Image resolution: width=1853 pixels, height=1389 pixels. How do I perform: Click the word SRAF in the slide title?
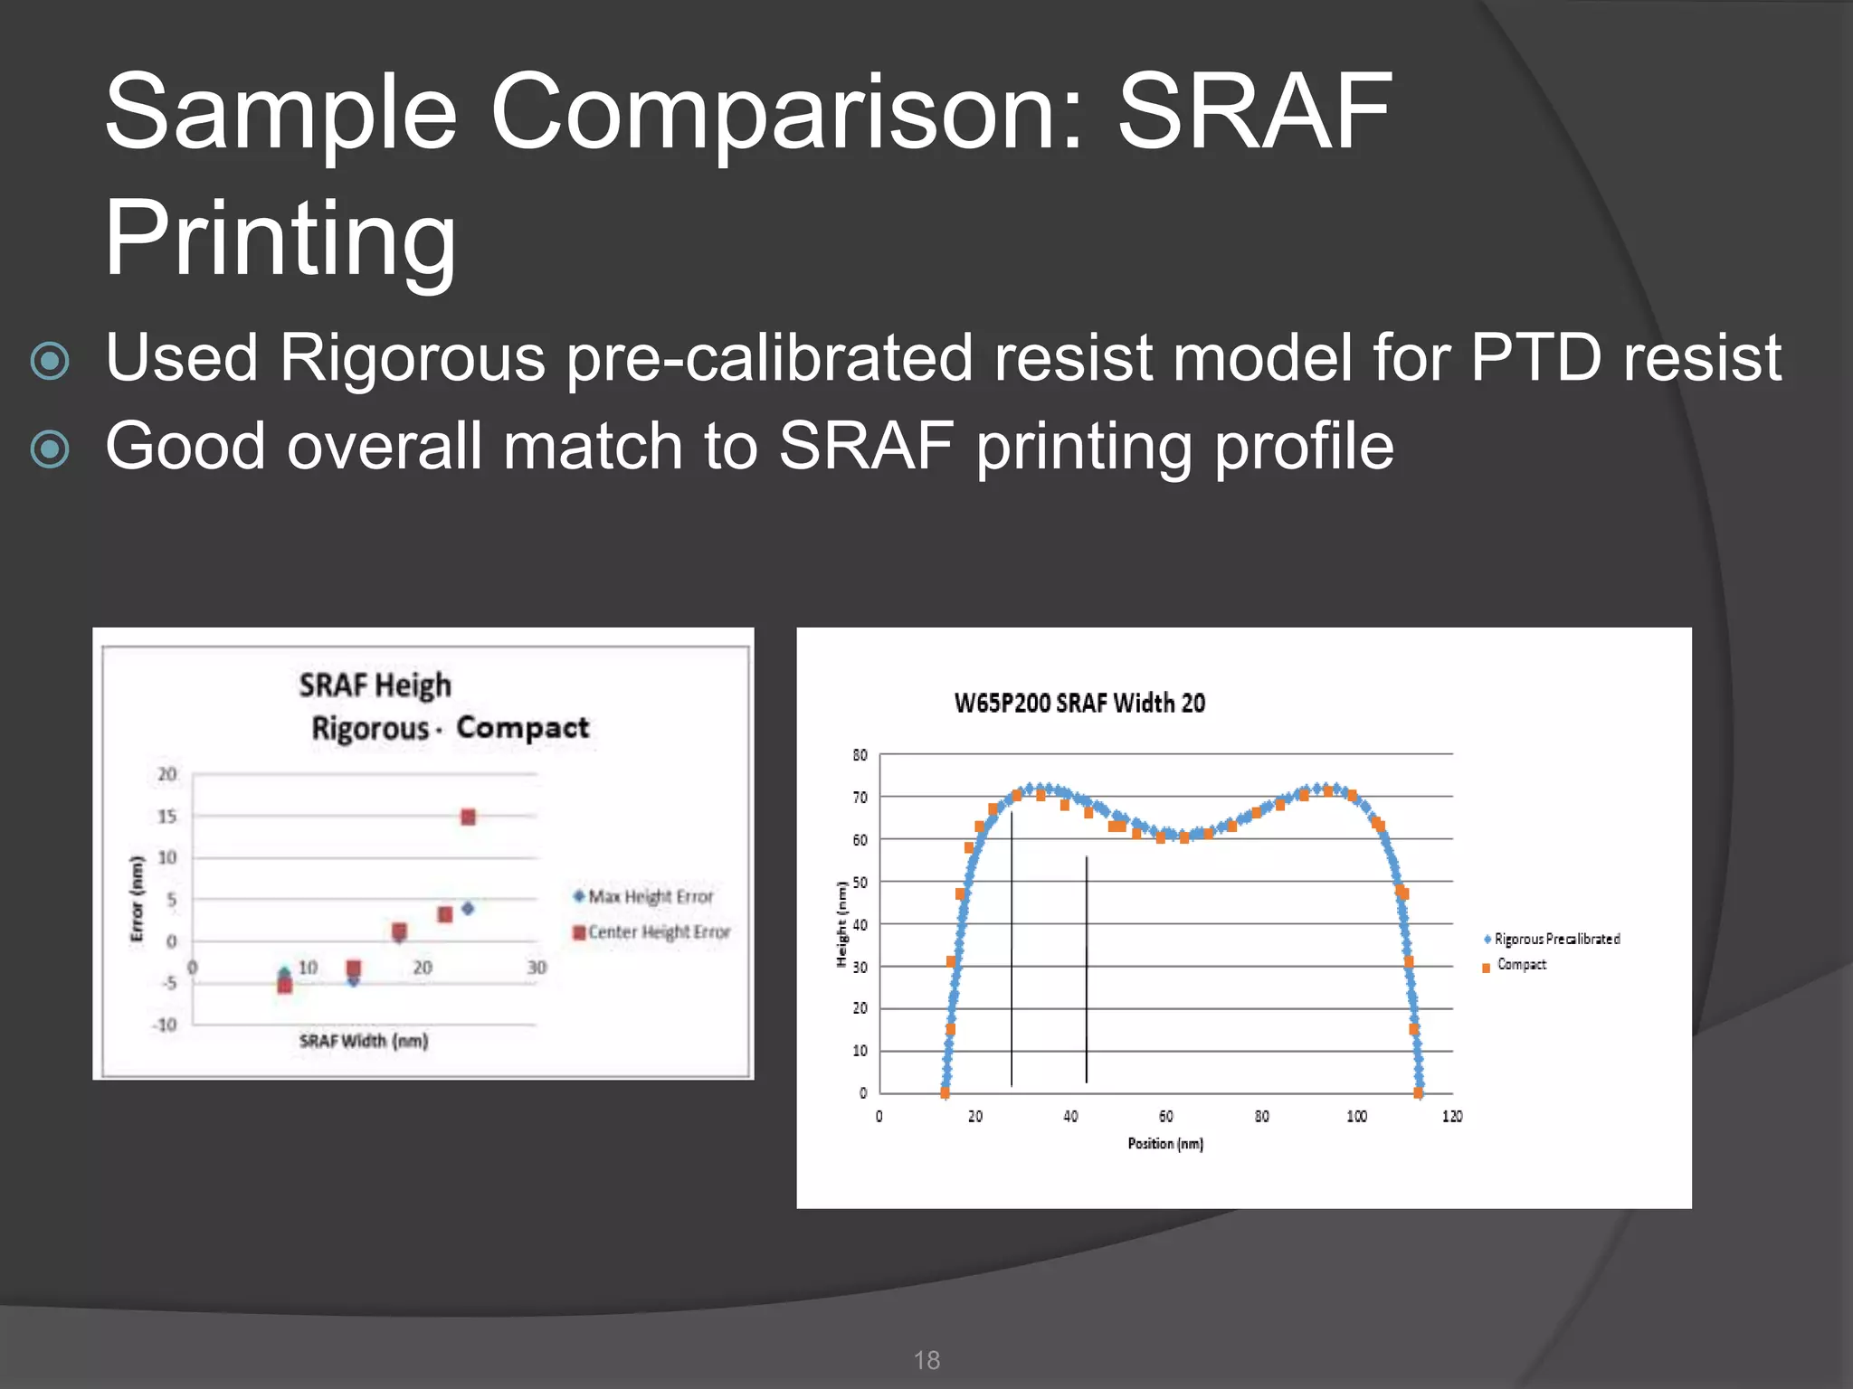click(1254, 112)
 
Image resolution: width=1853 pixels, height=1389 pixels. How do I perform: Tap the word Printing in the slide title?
click(280, 239)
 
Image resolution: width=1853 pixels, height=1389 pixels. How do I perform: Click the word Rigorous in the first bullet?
click(412, 358)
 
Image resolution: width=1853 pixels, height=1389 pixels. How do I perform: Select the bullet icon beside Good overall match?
click(50, 449)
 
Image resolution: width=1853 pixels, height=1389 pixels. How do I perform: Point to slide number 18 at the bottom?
click(926, 1360)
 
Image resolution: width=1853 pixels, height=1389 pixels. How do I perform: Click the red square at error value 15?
click(468, 817)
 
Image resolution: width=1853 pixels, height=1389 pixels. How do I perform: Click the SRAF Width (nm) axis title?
click(363, 1041)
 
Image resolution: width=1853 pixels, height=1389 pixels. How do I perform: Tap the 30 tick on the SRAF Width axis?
click(537, 968)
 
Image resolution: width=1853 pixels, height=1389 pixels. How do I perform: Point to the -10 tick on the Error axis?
click(165, 1025)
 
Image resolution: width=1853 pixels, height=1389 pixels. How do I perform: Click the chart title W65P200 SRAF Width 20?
click(1079, 704)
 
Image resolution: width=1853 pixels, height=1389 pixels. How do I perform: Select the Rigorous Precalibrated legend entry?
click(1552, 940)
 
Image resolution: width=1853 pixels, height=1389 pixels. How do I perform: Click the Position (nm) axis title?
click(1165, 1144)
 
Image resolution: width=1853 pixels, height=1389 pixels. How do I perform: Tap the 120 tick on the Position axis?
click(1452, 1117)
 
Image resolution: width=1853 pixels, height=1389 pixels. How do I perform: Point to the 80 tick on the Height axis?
click(860, 755)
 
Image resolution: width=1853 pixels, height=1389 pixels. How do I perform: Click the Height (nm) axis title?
click(841, 924)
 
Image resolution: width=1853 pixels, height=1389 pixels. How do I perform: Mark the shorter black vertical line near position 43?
click(1086, 968)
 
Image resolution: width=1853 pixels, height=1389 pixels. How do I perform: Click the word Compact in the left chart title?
click(522, 728)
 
